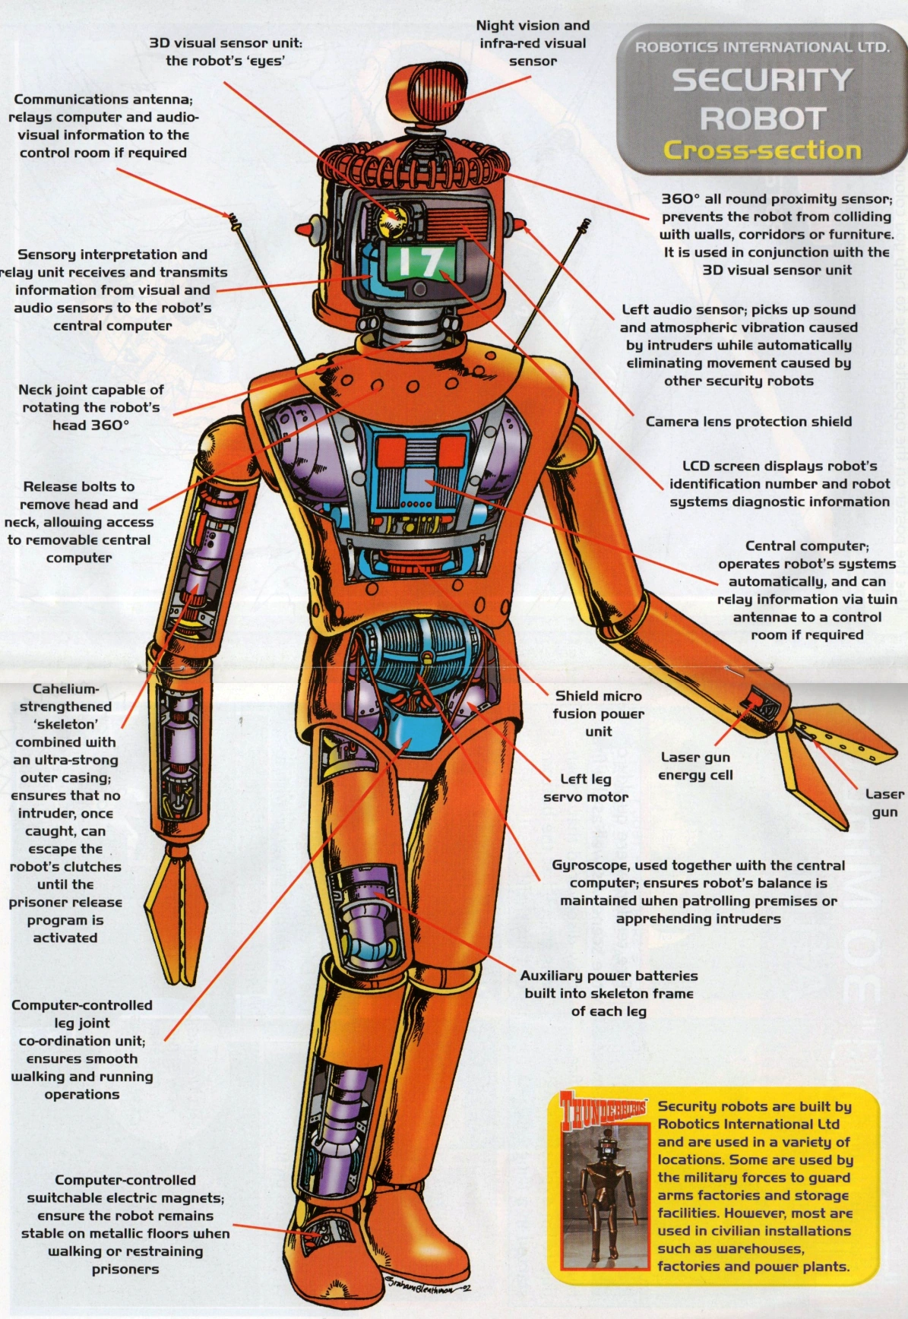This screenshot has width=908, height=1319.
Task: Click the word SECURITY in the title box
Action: click(762, 81)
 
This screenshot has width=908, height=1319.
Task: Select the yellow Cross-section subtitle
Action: click(762, 150)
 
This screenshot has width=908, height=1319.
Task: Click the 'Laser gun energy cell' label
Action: click(695, 766)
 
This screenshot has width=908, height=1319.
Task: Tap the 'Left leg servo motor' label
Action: click(586, 788)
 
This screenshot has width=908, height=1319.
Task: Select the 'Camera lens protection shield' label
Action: click(748, 422)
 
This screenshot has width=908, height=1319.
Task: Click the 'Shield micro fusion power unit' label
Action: click(598, 713)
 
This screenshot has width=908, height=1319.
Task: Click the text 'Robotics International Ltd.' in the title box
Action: click(762, 47)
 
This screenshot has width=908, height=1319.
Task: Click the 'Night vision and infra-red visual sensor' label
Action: click(533, 43)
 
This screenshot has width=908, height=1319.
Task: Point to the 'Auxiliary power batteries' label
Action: click(609, 976)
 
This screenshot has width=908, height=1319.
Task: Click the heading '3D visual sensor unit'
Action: click(225, 43)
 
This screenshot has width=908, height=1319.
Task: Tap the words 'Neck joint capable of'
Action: click(91, 390)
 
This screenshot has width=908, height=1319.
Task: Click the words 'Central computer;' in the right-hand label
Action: click(807, 546)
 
